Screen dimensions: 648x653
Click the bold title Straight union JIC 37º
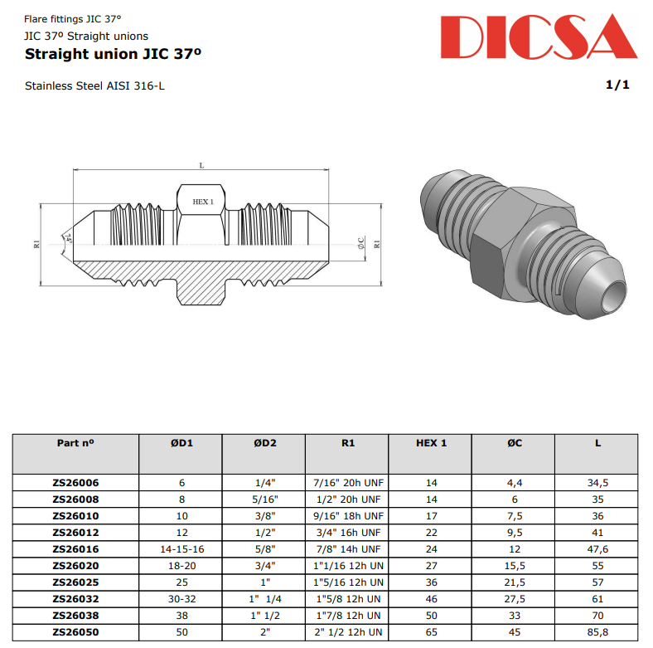coord(114,55)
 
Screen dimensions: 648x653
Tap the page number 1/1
coord(617,85)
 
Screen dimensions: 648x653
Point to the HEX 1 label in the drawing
coord(202,202)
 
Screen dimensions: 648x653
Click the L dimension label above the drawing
coord(201,165)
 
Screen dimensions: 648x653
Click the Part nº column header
coord(75,443)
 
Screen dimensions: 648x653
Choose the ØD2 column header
coord(264,443)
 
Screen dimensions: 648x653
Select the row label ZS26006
coord(75,482)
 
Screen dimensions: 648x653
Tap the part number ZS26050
coord(75,632)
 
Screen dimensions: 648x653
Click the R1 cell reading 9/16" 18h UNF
coord(348,515)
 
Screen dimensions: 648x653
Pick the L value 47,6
coord(597,548)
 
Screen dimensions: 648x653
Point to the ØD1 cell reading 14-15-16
coord(181,548)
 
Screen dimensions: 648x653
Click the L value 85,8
coord(597,632)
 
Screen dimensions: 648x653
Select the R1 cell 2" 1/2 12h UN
coord(348,632)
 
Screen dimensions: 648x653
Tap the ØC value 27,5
coord(515,598)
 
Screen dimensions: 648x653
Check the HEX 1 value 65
coord(431,632)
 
